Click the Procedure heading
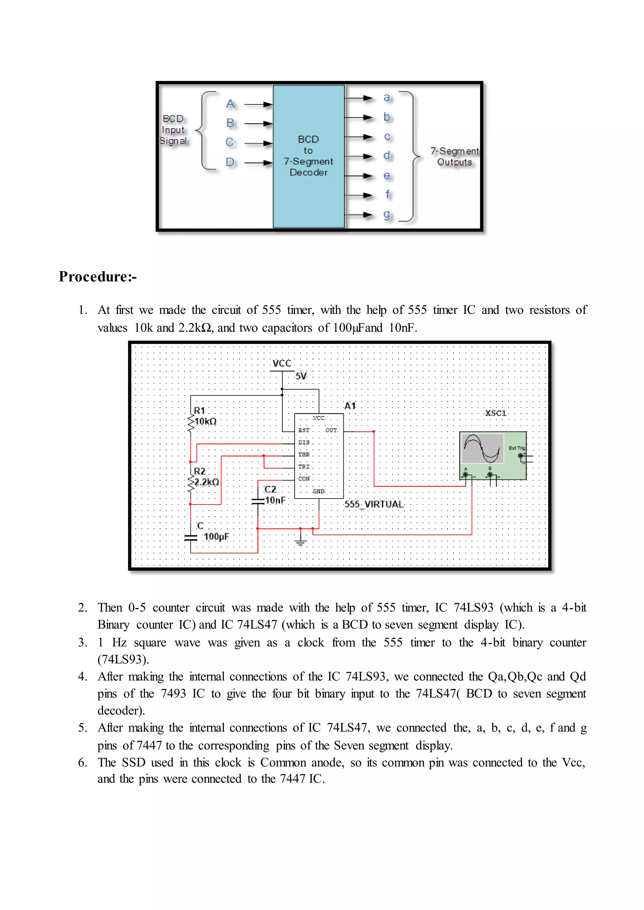tap(97, 277)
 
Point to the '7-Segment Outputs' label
tap(454, 156)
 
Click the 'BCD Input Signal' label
tap(173, 130)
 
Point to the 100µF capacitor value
tap(216, 537)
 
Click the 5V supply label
tap(301, 376)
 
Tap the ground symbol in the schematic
tap(301, 542)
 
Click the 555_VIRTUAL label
tap(374, 504)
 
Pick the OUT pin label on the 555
tap(331, 430)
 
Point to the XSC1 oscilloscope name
tap(496, 413)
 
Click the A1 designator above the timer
tap(350, 406)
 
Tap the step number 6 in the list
tap(82, 762)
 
